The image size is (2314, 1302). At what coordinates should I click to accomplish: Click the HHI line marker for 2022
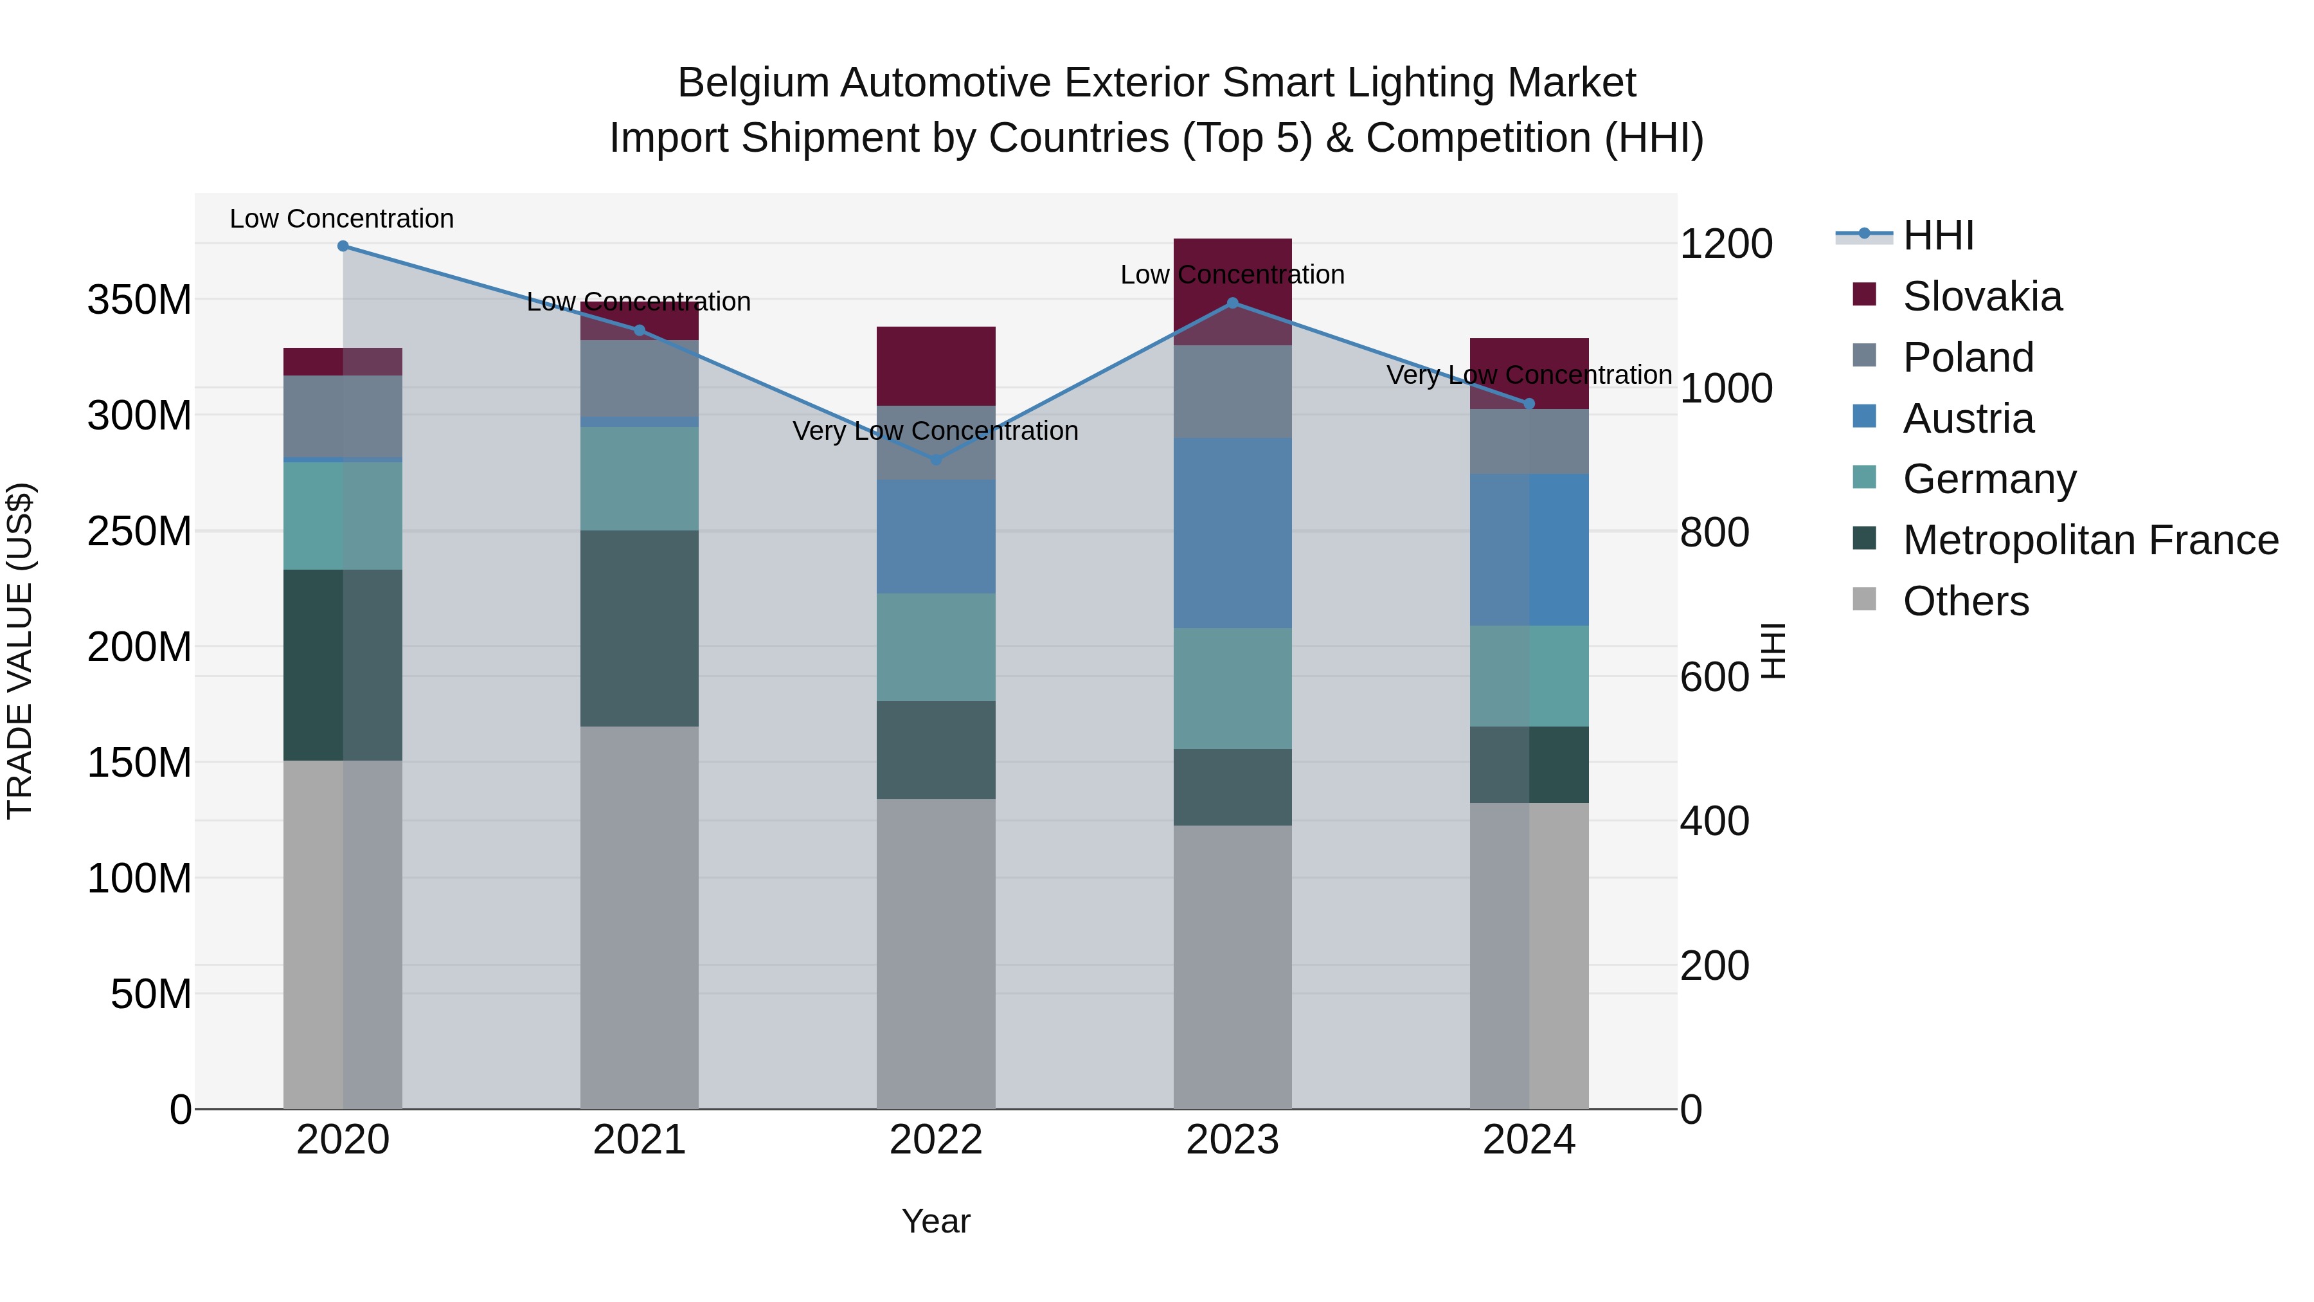[x=935, y=459]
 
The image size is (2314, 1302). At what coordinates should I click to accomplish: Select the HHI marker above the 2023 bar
[x=1232, y=303]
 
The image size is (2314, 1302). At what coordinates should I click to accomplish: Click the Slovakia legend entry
[x=1982, y=296]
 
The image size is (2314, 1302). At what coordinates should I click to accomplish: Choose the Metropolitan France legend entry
[x=2090, y=540]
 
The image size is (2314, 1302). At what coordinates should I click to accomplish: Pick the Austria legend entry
[x=1968, y=419]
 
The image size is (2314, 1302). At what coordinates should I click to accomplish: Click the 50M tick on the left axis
[x=151, y=994]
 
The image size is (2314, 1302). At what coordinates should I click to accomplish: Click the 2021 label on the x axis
[x=639, y=1139]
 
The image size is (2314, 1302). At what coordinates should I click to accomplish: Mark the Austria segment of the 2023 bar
[x=1232, y=533]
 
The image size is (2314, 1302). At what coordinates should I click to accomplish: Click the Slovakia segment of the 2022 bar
[x=935, y=366]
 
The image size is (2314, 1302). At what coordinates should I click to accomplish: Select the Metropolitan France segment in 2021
[x=639, y=628]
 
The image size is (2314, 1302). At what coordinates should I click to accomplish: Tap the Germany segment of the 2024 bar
[x=1529, y=676]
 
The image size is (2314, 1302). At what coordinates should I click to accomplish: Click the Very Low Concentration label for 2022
[x=935, y=431]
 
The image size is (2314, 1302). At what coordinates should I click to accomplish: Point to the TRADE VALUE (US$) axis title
[x=20, y=651]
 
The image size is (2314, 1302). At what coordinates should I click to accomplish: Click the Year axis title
[x=935, y=1221]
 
